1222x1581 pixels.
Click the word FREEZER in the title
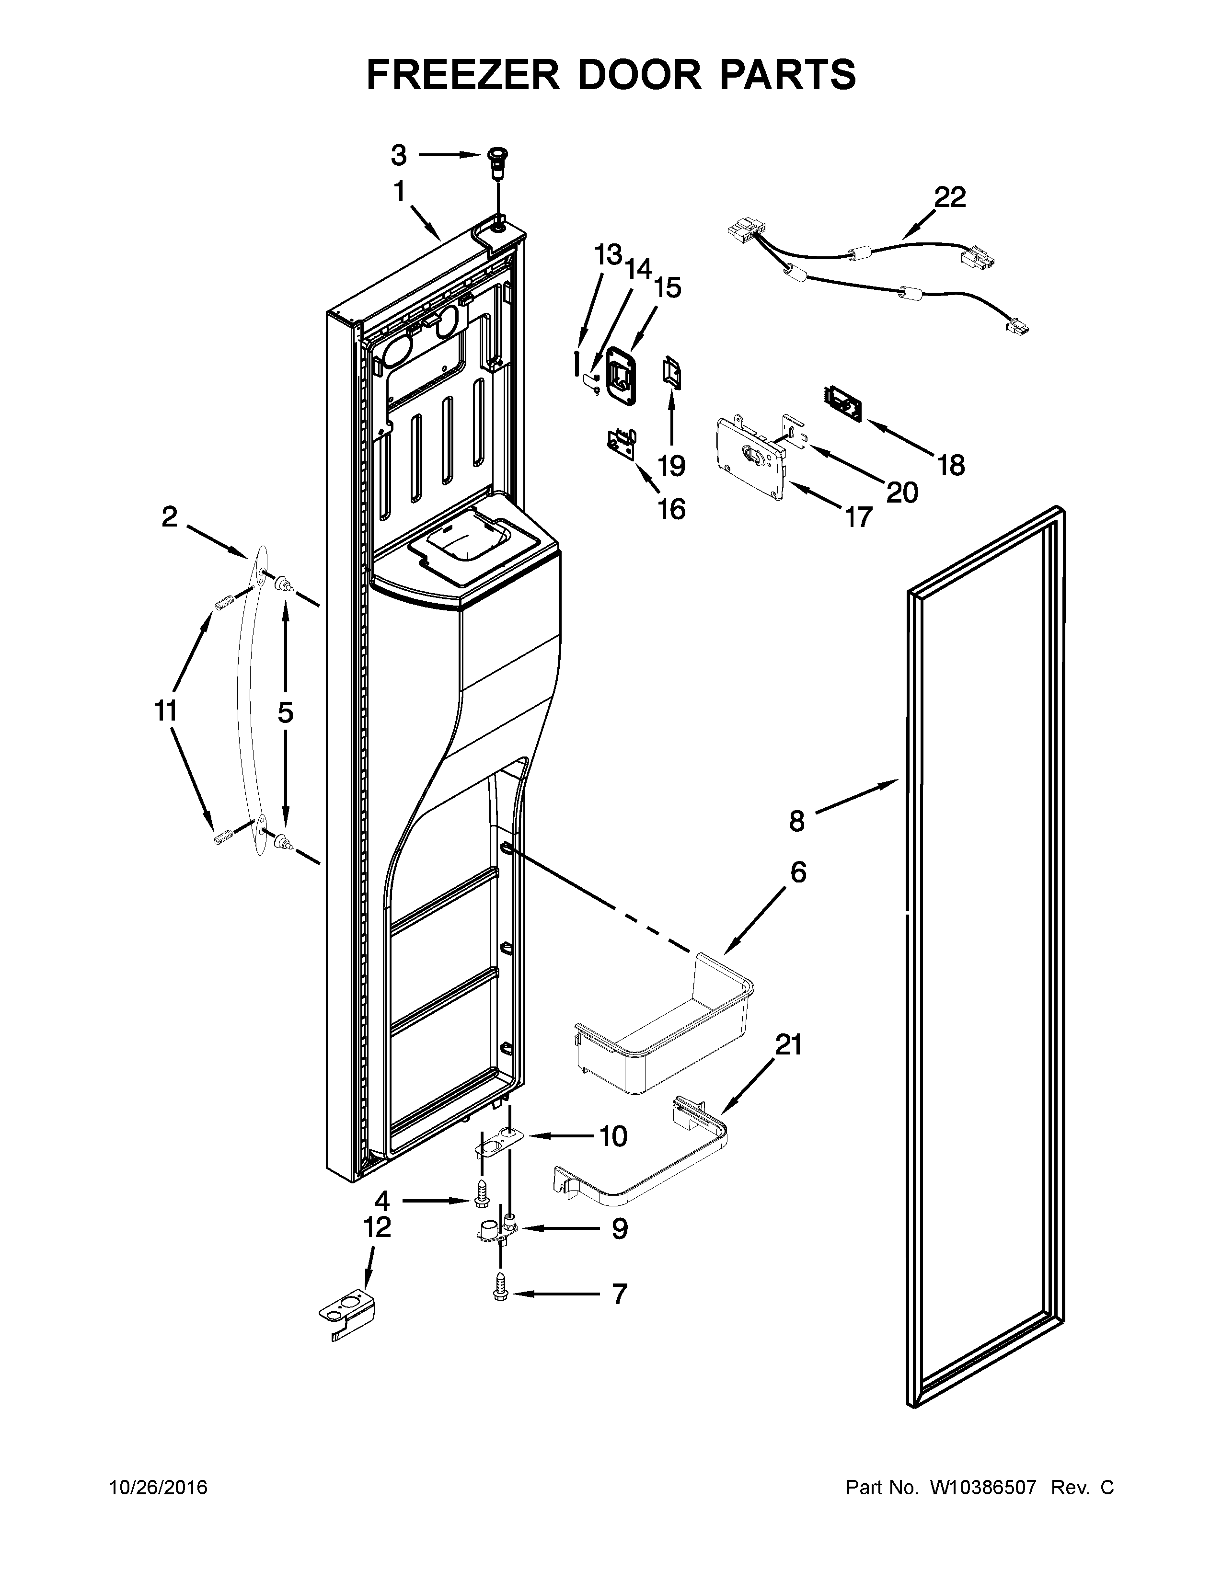(x=463, y=75)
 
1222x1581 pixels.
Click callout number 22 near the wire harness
(x=949, y=197)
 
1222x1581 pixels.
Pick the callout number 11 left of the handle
(x=166, y=711)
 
